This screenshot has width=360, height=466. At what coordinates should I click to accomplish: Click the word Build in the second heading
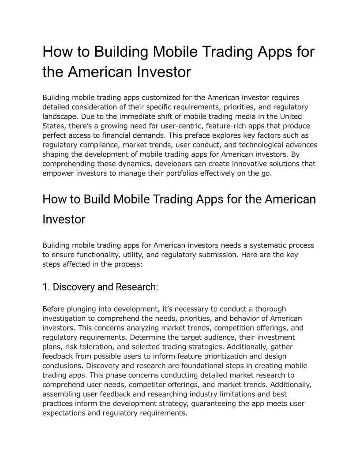94,199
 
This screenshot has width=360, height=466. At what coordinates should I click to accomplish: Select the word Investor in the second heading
64,219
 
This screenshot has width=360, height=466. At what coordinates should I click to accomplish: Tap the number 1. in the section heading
46,287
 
